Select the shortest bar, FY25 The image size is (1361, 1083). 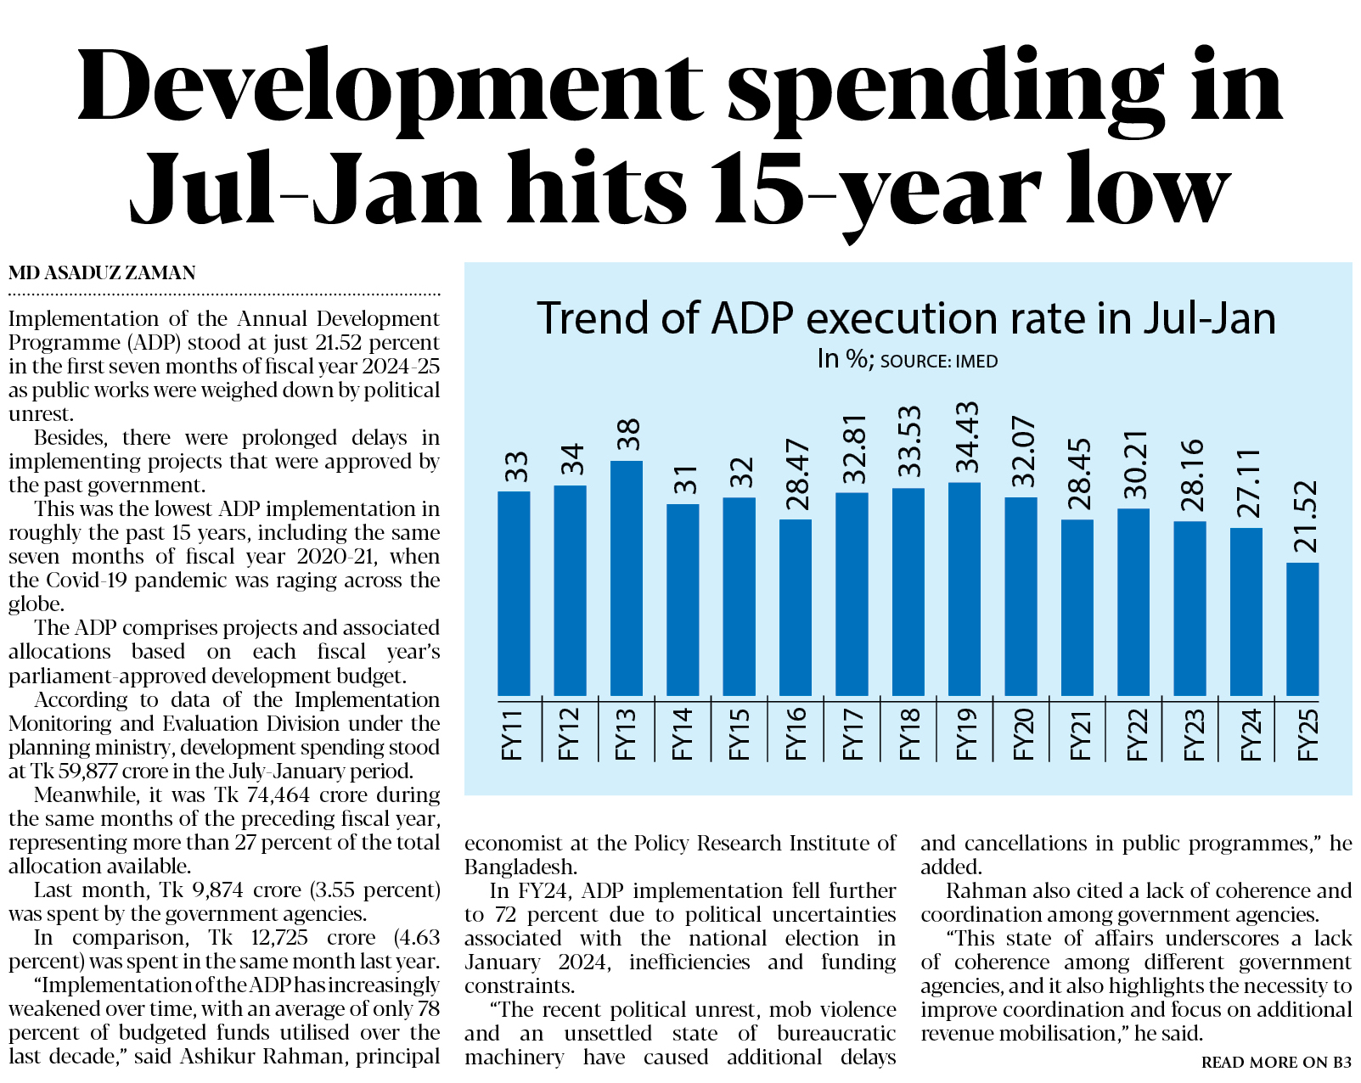(x=1302, y=629)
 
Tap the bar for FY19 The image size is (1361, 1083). (x=965, y=589)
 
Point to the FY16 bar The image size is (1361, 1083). (x=796, y=608)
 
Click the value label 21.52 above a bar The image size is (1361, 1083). (x=1304, y=516)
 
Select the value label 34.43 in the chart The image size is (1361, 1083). (x=966, y=436)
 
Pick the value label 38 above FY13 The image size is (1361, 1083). (x=627, y=435)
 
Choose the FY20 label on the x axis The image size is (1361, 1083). (x=1022, y=734)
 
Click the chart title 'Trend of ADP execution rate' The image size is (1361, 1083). (x=906, y=319)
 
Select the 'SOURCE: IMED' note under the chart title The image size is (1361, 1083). (x=938, y=362)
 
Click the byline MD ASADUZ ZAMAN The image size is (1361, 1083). (x=102, y=273)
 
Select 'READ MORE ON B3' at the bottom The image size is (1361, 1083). (x=1276, y=1062)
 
